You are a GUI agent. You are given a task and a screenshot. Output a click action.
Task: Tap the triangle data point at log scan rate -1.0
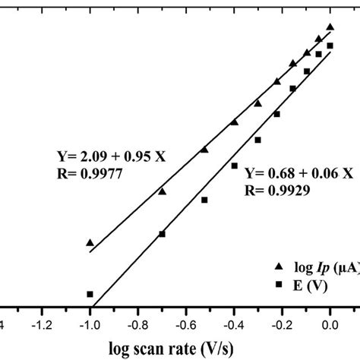(x=90, y=242)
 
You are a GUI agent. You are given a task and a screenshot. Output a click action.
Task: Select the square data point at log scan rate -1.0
(x=90, y=294)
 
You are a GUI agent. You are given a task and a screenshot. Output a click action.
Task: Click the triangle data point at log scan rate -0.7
(x=162, y=191)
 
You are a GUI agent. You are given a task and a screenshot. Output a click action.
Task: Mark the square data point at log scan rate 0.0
(x=330, y=46)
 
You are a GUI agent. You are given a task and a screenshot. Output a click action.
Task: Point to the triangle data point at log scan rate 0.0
(x=330, y=27)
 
